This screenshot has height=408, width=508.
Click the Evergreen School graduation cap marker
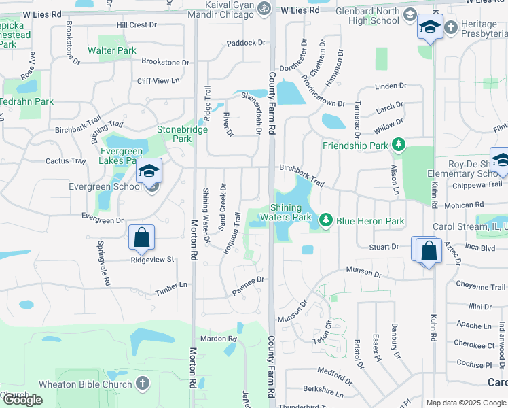tap(149, 171)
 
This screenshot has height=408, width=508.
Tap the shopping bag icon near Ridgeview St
tap(141, 238)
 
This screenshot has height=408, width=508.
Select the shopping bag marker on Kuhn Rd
tap(430, 250)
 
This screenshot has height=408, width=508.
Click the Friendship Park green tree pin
tap(399, 145)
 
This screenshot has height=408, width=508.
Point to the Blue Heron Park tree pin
tap(326, 220)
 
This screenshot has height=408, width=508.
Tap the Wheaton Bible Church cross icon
tap(142, 384)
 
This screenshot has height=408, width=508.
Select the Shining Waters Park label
tap(291, 212)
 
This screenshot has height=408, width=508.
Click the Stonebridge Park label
tap(175, 133)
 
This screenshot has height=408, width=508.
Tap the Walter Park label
tap(112, 50)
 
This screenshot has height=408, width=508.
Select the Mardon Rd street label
tap(218, 339)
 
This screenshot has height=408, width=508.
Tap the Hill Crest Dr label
tap(137, 24)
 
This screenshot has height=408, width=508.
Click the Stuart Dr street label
tap(385, 247)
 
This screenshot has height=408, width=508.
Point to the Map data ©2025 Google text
tap(466, 403)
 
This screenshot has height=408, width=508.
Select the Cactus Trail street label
tap(66, 161)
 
